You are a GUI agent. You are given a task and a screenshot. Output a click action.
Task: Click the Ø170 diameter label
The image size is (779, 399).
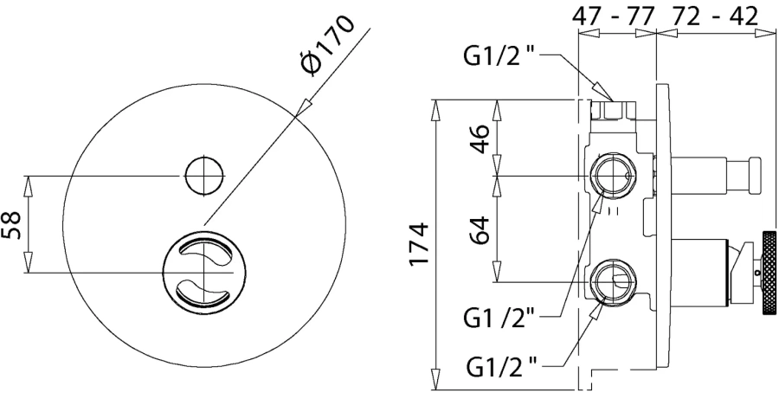[329, 48]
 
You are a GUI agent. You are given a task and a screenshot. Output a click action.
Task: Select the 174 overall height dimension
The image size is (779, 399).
[420, 245]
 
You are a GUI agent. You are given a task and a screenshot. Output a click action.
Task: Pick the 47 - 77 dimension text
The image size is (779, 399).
[614, 16]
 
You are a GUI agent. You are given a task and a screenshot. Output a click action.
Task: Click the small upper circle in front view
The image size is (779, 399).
[203, 176]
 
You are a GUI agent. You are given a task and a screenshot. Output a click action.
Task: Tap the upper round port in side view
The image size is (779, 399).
[613, 175]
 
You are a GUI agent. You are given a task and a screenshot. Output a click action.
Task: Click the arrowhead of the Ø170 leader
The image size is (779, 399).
[300, 109]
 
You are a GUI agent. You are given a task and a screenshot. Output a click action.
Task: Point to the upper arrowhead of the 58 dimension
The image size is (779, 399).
[30, 181]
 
